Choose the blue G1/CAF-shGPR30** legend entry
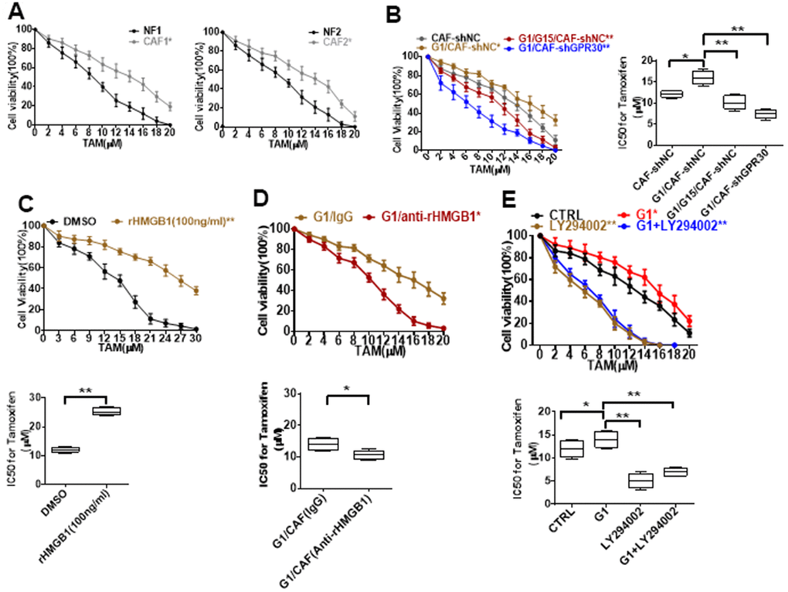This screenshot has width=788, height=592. click(556, 49)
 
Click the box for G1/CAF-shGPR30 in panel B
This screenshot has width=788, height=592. click(743, 114)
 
